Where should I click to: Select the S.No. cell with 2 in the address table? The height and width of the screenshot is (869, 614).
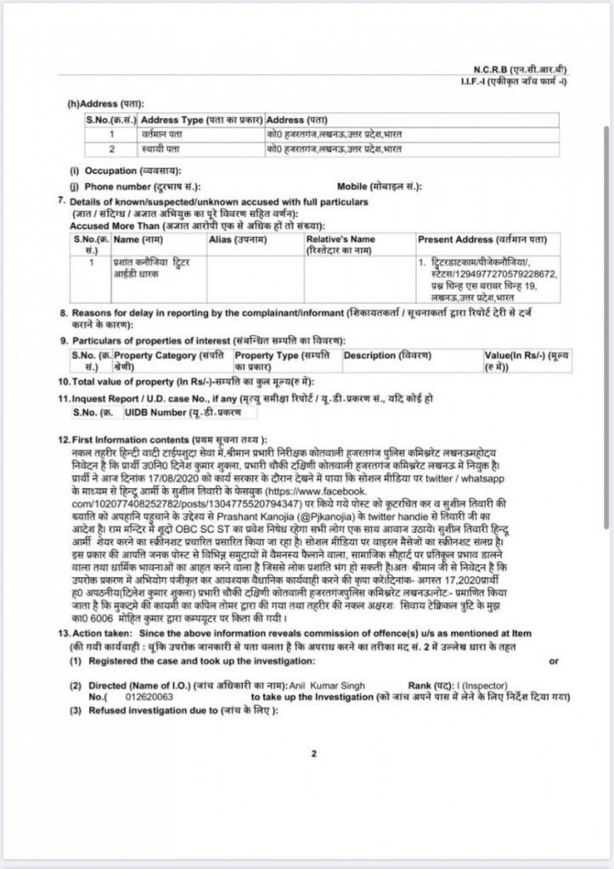click(111, 149)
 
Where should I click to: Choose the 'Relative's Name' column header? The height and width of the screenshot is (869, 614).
click(341, 241)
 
